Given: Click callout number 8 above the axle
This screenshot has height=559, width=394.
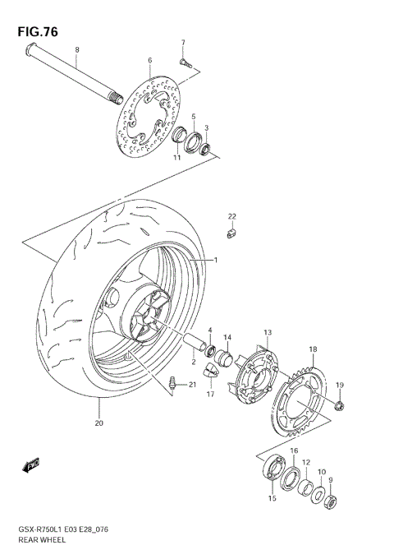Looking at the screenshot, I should pos(76,51).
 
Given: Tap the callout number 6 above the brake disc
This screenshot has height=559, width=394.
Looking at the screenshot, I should pos(150,60).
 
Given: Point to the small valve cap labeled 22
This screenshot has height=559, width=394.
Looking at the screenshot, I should pos(231,234).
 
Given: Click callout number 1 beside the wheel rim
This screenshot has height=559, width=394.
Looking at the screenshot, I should pos(216,261).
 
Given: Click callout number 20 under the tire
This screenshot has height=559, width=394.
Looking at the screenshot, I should pos(98,424).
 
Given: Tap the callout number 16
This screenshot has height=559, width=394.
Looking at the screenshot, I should pos(294,451).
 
